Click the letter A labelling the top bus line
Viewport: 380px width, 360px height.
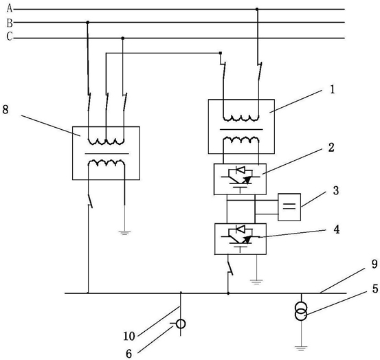pyautogui.click(x=10, y=8)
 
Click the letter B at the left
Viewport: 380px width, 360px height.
pyautogui.click(x=10, y=23)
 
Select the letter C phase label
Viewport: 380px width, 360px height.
pyautogui.click(x=10, y=36)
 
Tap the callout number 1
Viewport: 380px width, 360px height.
pyautogui.click(x=333, y=89)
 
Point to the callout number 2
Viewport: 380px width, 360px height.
pyautogui.click(x=331, y=148)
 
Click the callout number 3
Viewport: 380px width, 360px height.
pyautogui.click(x=336, y=190)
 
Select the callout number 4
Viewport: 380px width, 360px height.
pyautogui.click(x=337, y=229)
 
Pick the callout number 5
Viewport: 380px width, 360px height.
pyautogui.click(x=375, y=289)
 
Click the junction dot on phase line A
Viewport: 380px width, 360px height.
pyautogui.click(x=257, y=9)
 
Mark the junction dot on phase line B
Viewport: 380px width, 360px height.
pyautogui.click(x=88, y=22)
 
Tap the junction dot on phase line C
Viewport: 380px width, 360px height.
pyautogui.click(x=122, y=38)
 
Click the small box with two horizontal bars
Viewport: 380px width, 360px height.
pyautogui.click(x=289, y=207)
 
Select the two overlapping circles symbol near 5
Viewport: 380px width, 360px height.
pyautogui.click(x=301, y=312)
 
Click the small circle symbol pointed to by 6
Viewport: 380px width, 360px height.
pyautogui.click(x=181, y=324)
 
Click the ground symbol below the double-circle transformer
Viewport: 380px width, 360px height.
pyautogui.click(x=301, y=348)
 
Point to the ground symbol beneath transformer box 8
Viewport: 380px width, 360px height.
pyautogui.click(x=124, y=233)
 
